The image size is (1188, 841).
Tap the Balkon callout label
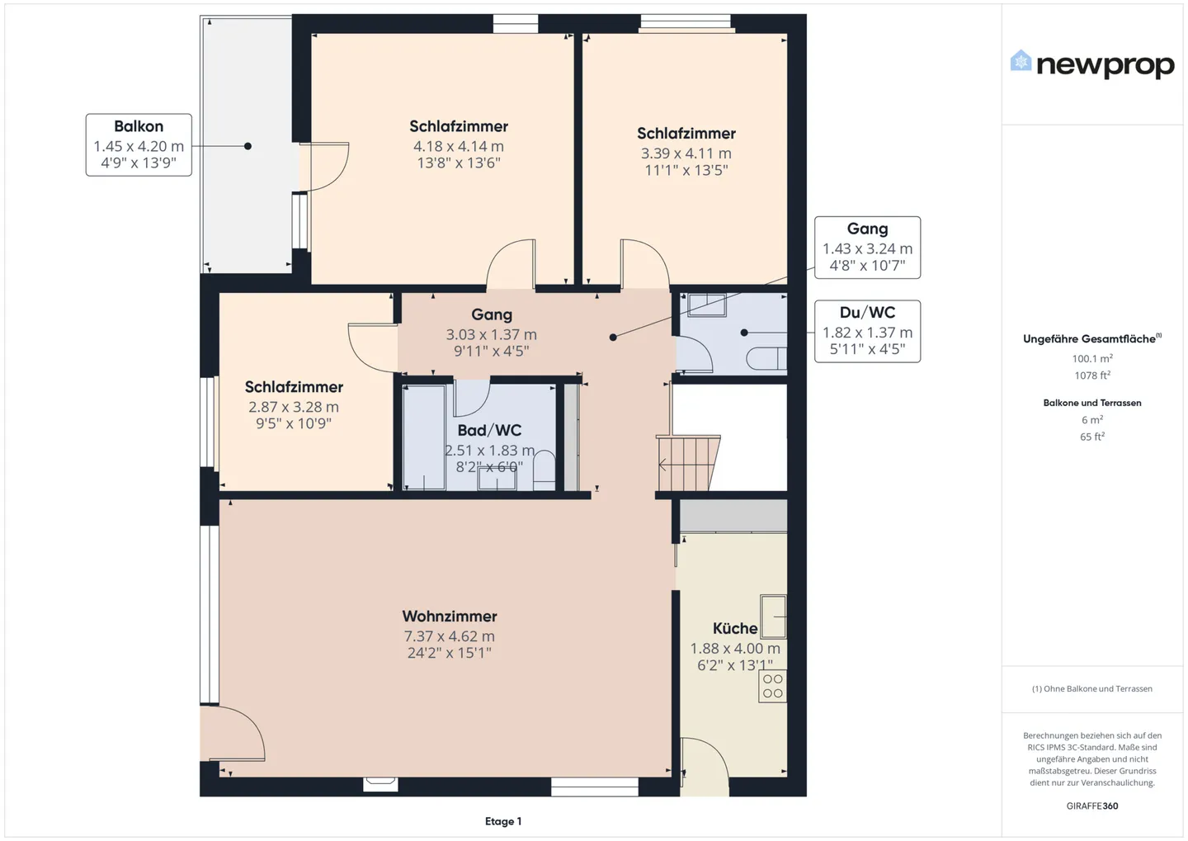pos(139,126)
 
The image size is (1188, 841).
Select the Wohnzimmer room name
pos(449,616)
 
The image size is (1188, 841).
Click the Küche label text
pos(734,628)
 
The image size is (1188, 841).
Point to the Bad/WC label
pos(489,430)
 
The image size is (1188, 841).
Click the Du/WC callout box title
pos(867,312)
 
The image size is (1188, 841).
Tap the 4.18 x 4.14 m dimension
pos(459,146)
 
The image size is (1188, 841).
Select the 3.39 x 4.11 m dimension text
pos(686,154)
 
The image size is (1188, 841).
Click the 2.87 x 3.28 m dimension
pos(294,407)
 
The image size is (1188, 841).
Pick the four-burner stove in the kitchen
pos(773,686)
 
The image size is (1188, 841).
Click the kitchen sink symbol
pos(773,616)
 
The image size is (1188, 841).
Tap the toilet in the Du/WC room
pos(766,359)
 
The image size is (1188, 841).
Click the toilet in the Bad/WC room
pos(544,469)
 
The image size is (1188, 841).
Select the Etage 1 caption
pos(503,821)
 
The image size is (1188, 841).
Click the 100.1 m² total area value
pos(1092,358)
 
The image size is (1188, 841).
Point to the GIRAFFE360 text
pos(1092,806)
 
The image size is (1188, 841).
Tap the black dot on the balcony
pos(247,146)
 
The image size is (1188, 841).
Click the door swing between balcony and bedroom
pos(324,167)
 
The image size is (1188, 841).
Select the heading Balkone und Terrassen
pos(1092,403)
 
